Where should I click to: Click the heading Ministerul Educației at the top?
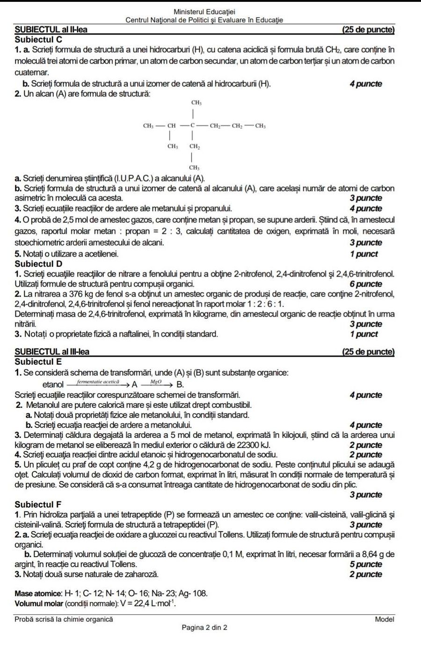pos(204,12)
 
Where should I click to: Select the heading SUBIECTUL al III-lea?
pos(52,352)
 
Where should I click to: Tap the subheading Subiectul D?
pos(38,264)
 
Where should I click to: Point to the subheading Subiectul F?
pos(38,504)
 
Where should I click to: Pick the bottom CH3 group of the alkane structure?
pos(195,167)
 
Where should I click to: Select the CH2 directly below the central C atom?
pos(195,147)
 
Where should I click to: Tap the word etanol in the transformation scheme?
pos(53,384)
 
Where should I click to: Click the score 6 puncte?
pos(365,284)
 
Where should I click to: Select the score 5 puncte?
pos(365,564)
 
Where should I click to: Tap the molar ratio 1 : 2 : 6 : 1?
pos(266,304)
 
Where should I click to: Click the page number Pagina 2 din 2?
pos(204,627)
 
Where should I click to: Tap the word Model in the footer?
pos(384,619)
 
